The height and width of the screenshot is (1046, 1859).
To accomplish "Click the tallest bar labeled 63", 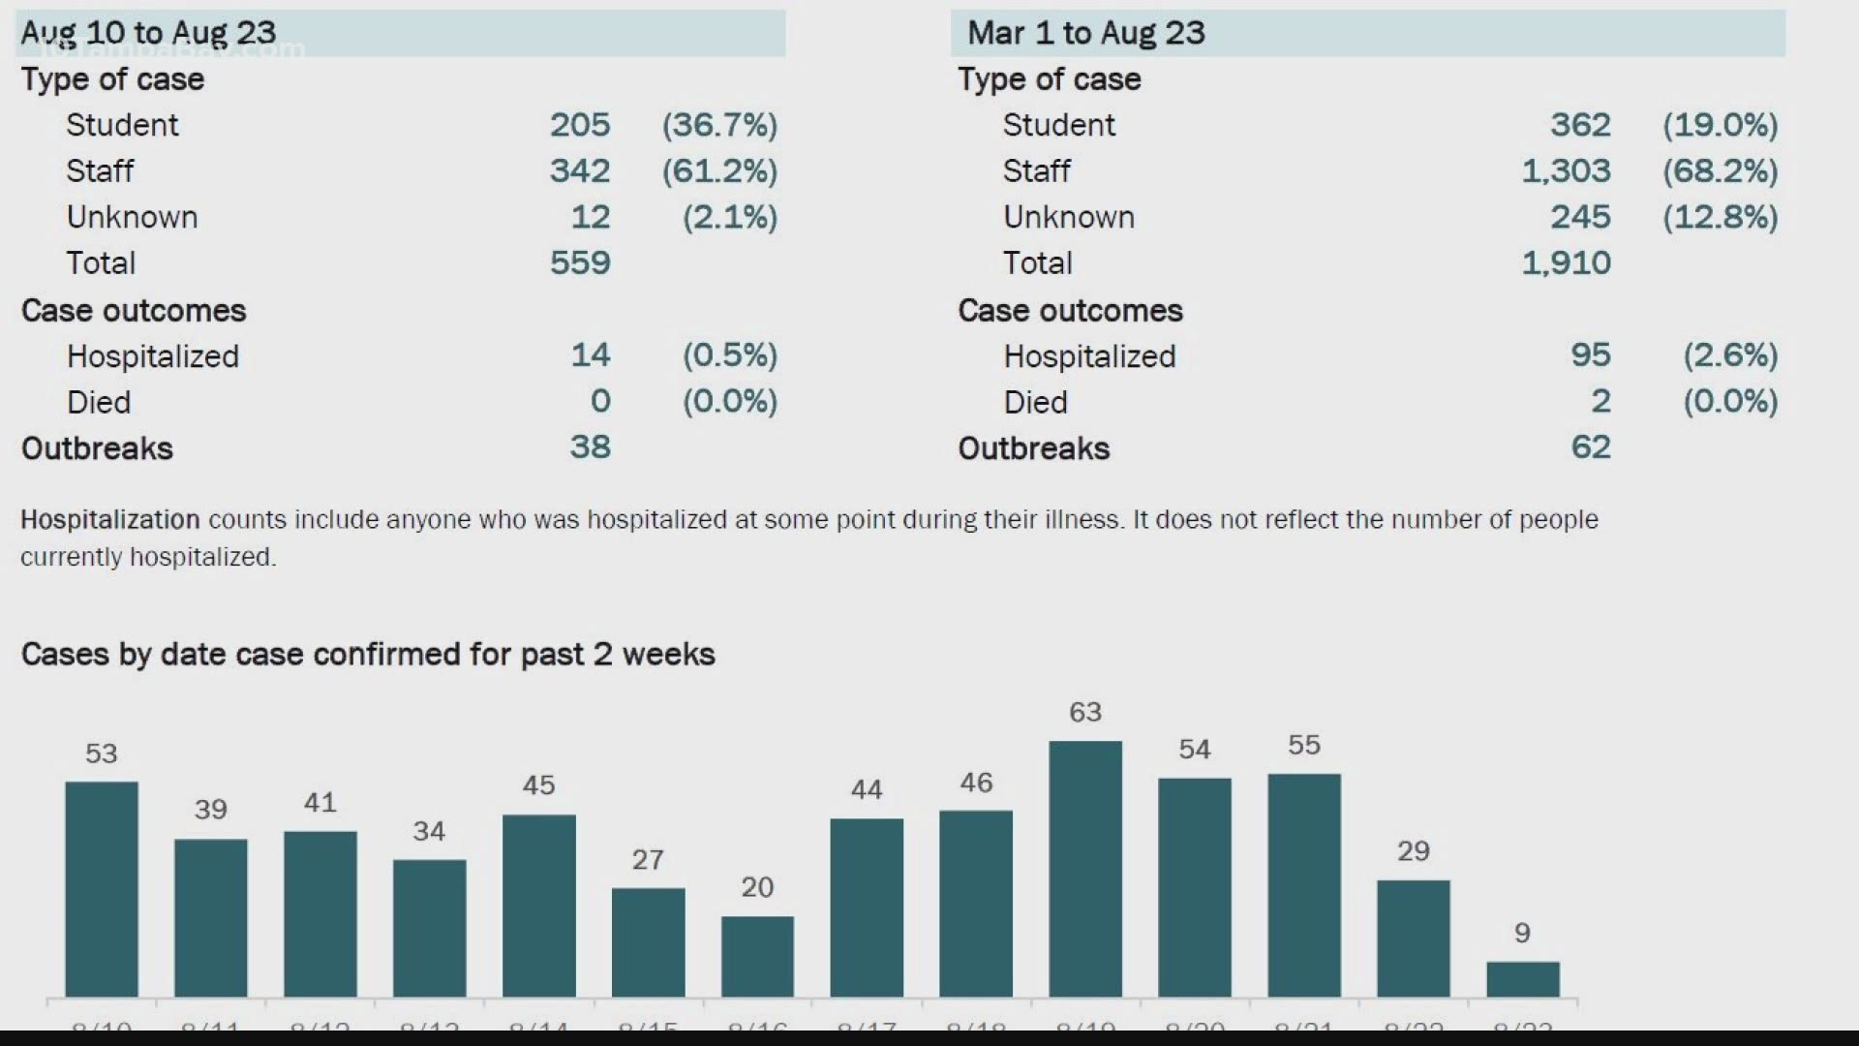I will click(1085, 869).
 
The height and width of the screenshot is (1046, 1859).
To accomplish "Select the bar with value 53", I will click(102, 889).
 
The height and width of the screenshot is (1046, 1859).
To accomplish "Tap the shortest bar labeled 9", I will click(1523, 979).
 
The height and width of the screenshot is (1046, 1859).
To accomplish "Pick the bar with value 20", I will click(757, 957).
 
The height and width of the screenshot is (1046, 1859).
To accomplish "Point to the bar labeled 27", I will click(648, 942).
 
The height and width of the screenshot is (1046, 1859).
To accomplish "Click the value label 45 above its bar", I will click(538, 784).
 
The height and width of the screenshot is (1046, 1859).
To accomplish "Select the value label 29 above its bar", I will click(1413, 850).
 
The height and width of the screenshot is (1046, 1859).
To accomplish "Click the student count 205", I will click(580, 125).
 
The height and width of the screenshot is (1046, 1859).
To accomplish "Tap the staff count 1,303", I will click(1566, 171).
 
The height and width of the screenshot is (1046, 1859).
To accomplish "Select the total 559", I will click(580, 262).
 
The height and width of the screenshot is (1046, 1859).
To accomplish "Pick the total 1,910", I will click(1566, 262).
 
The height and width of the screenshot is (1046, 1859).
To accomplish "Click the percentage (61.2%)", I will click(719, 171).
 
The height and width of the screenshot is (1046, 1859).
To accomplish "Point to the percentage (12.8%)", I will click(1720, 217).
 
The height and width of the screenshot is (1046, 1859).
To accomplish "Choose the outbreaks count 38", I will click(590, 446).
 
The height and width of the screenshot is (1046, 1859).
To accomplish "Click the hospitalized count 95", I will click(1590, 354).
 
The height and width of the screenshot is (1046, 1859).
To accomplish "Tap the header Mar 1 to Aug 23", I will click(1086, 33).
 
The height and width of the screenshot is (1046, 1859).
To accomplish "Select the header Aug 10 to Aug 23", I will click(149, 33).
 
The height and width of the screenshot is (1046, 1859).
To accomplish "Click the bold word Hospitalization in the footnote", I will click(110, 520).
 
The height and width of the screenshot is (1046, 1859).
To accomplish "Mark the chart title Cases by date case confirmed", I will click(368, 655).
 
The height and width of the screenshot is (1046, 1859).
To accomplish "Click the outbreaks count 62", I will click(1590, 446).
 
